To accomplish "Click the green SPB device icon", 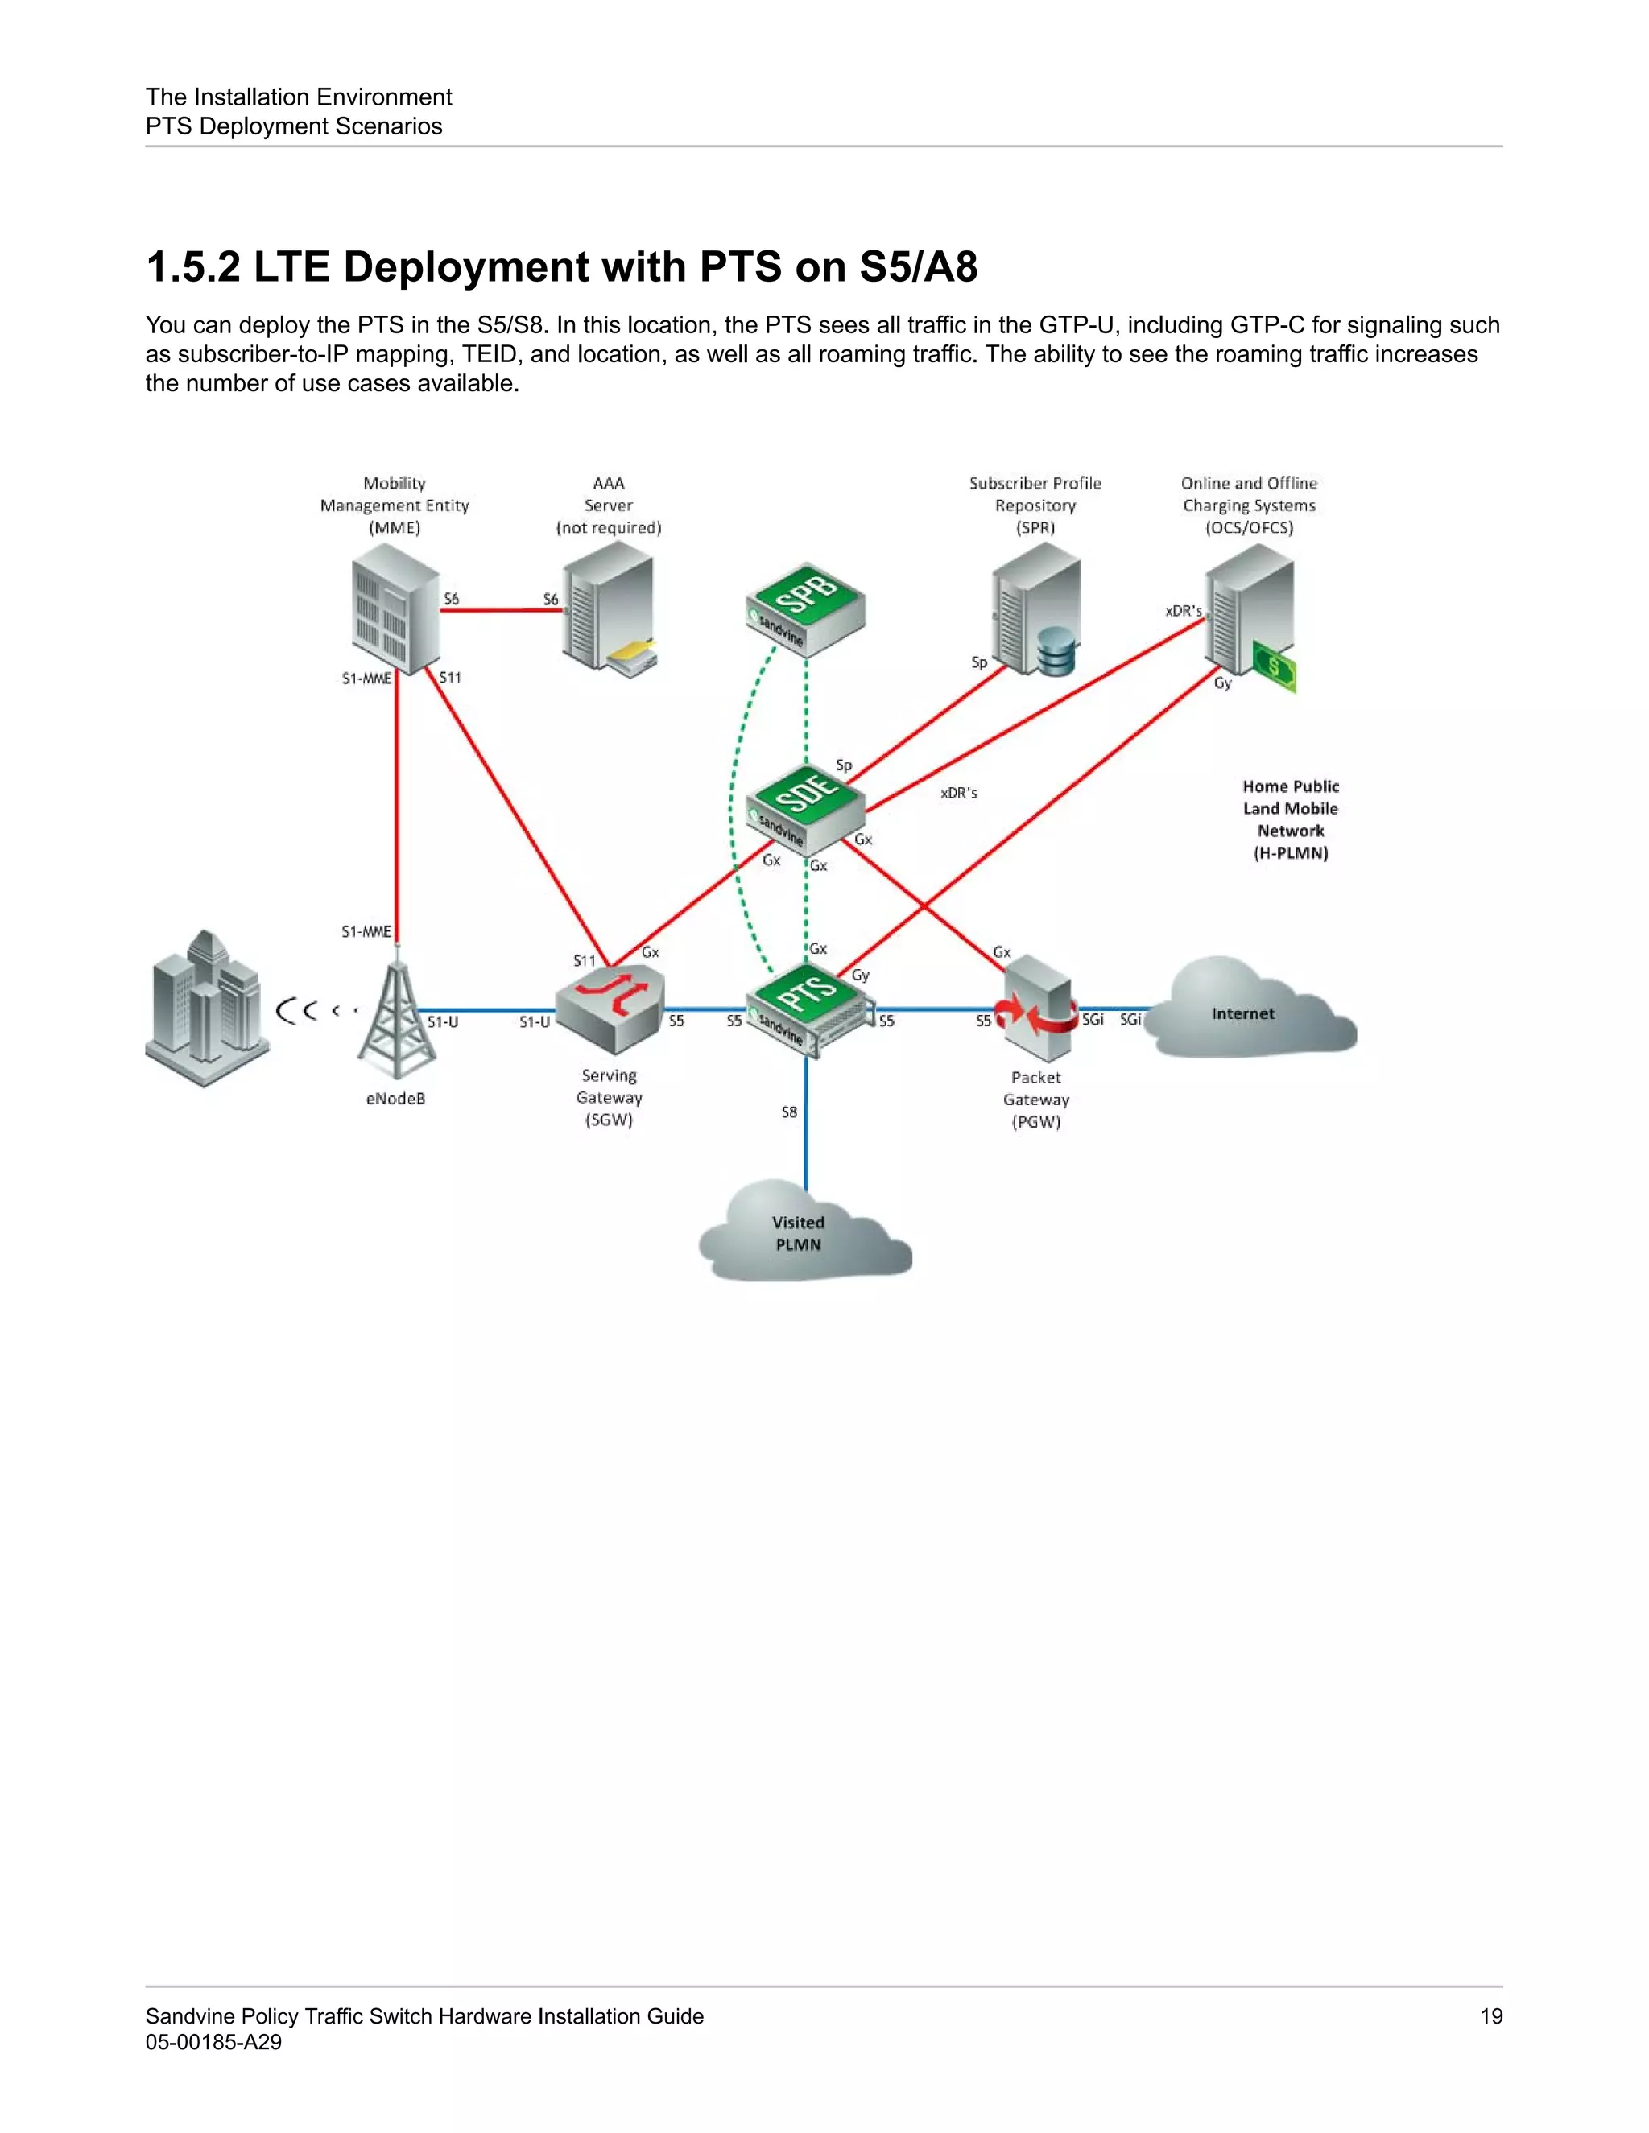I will tap(806, 608).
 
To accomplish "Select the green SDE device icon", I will tap(806, 809).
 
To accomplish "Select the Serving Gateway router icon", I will tap(610, 1009).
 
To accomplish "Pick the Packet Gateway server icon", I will tap(1036, 1009).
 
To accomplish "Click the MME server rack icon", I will tap(395, 609).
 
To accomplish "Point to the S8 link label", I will tap(789, 1112).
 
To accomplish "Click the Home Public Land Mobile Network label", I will tap(1291, 819).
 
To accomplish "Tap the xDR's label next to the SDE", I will tap(958, 793).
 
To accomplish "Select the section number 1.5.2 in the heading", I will tap(192, 266).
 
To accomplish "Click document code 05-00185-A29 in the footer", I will tap(213, 2042).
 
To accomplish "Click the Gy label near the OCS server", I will tap(1222, 683).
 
